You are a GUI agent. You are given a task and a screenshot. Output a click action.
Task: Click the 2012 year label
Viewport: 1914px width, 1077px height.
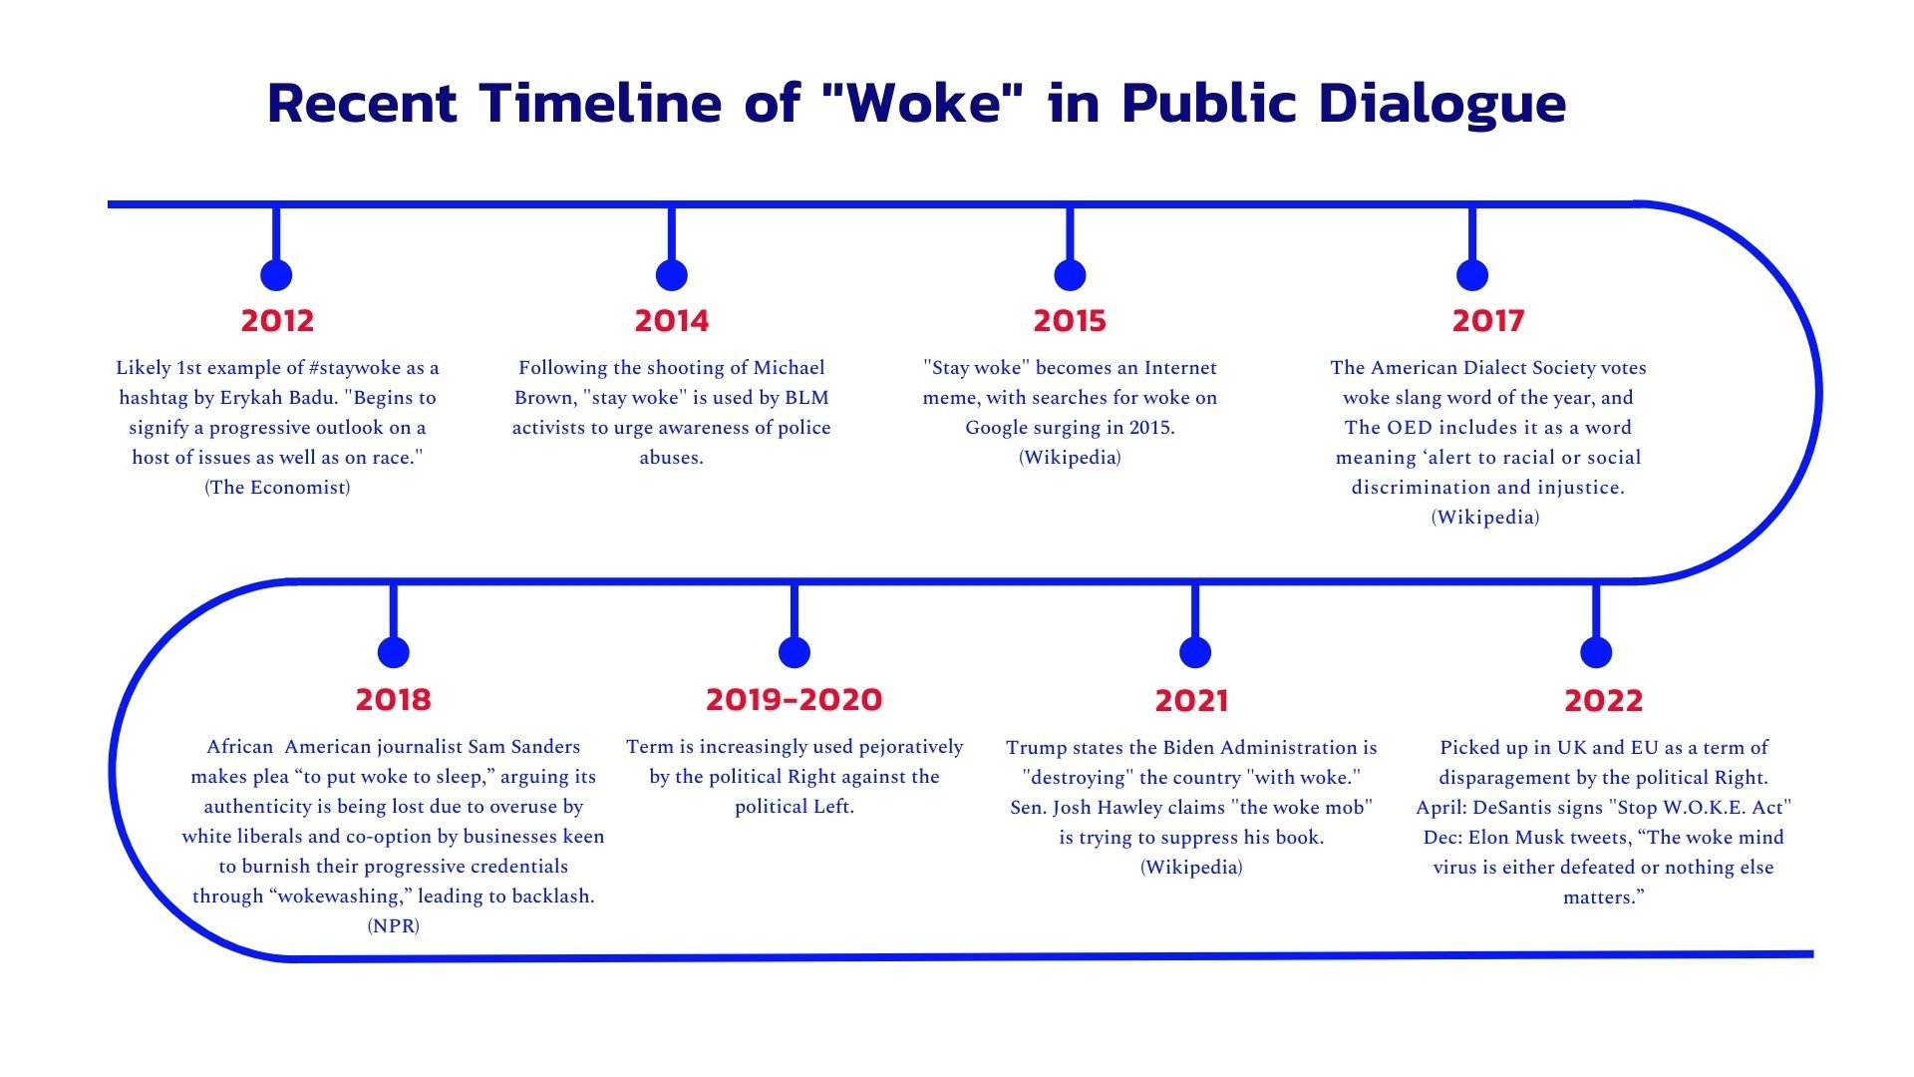point(277,320)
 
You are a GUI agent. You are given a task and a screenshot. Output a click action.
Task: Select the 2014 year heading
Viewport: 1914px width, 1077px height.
point(672,320)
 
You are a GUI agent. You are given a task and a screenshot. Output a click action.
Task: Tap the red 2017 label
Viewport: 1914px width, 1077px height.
point(1488,320)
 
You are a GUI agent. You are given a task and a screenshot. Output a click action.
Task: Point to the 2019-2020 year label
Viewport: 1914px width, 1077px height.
point(794,699)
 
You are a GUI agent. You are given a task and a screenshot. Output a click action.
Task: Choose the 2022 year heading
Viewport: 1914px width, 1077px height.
point(1603,700)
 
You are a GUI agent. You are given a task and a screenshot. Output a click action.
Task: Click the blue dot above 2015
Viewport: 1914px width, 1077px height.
point(1070,275)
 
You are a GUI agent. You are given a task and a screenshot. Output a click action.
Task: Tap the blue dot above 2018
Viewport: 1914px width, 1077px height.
point(394,652)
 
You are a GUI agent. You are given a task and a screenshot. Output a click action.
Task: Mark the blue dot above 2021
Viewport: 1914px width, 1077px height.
point(1194,652)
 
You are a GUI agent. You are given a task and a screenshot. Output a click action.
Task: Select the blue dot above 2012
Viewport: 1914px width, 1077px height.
point(276,275)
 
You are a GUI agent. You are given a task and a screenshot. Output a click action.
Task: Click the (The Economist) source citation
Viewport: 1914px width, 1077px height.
point(277,488)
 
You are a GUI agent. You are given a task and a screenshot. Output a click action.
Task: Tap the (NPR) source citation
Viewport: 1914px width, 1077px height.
point(393,926)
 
